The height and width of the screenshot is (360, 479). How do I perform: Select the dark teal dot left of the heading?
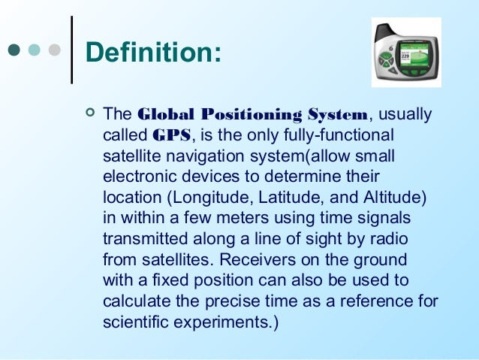pos(13,52)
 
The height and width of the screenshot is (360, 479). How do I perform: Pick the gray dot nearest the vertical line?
pos(54,52)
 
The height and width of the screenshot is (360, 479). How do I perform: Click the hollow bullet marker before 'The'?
pos(90,114)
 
